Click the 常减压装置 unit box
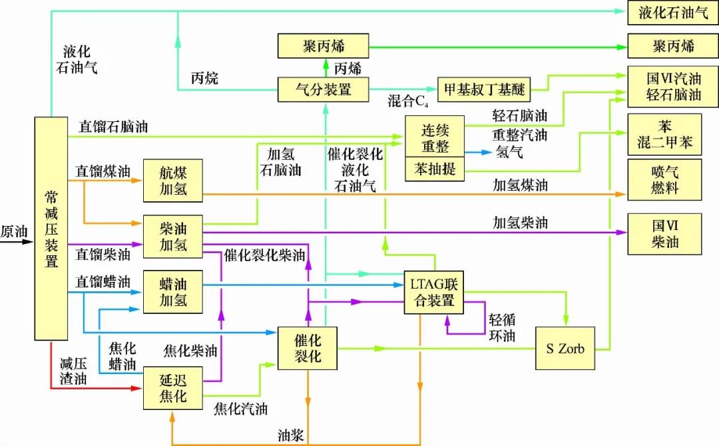51,228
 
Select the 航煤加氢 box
173,181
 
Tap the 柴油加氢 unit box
173,236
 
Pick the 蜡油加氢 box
173,292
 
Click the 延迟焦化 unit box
173,387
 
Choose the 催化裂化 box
308,348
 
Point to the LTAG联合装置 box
434,292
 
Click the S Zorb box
565,348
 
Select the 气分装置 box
324,89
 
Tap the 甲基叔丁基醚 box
484,89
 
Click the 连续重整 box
435,137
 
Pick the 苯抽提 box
435,169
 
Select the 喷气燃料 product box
664,179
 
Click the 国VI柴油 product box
664,234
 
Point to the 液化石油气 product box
672,13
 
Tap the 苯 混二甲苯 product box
664,134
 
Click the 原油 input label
14,231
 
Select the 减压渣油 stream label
73,371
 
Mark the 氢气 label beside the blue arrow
509,151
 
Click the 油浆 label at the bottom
291,435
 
